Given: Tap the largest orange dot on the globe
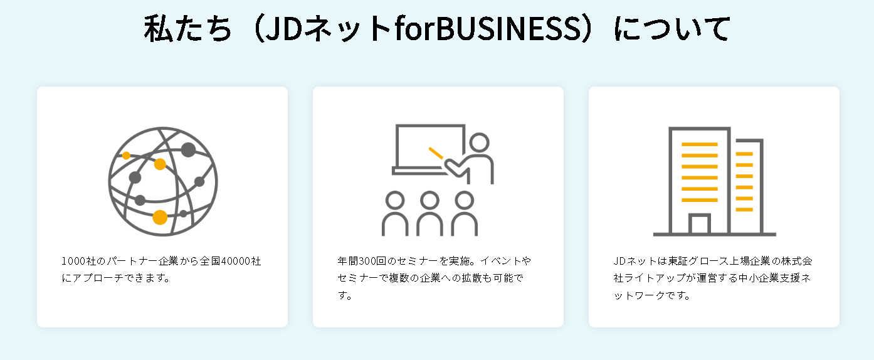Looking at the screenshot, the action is click(x=160, y=217).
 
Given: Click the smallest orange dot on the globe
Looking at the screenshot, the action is click(x=126, y=155).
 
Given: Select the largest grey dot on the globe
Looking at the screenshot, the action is click(x=188, y=150).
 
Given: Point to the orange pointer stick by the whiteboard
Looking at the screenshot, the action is click(x=436, y=153).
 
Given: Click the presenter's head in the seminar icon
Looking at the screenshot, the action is click(x=479, y=142).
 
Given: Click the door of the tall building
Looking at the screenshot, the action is click(x=699, y=225).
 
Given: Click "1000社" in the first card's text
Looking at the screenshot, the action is click(x=78, y=261).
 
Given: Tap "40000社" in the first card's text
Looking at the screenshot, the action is click(x=236, y=261).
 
